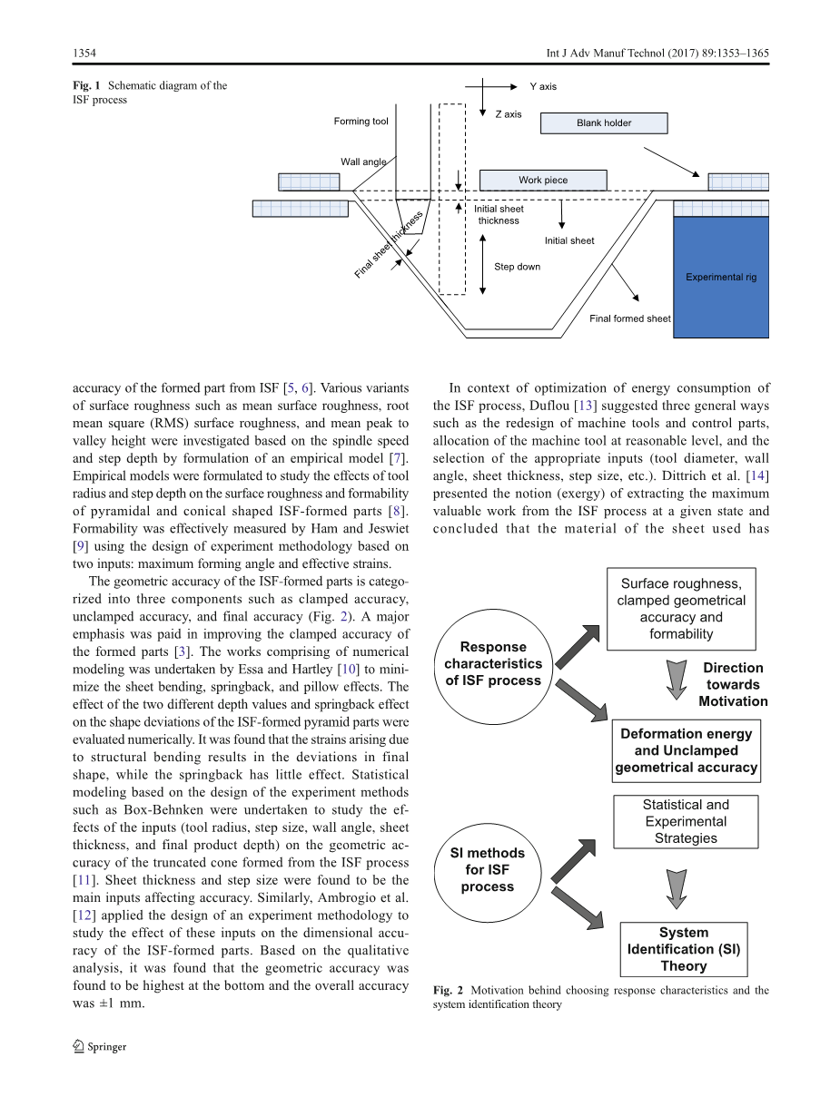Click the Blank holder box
click(604, 123)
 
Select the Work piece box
click(543, 180)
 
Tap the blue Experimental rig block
click(721, 277)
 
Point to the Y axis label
click(543, 86)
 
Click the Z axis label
click(509, 114)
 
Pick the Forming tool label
click(361, 122)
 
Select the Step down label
click(517, 267)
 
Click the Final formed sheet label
click(629, 318)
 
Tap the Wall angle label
click(363, 162)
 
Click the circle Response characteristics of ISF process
click(493, 664)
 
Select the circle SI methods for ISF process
click(488, 870)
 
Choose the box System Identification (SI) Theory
click(684, 949)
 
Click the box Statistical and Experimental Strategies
click(686, 822)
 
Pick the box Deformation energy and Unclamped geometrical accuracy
click(686, 750)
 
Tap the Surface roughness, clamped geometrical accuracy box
click(681, 609)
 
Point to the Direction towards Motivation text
click(733, 685)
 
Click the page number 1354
click(84, 54)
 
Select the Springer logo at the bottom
click(99, 1046)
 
